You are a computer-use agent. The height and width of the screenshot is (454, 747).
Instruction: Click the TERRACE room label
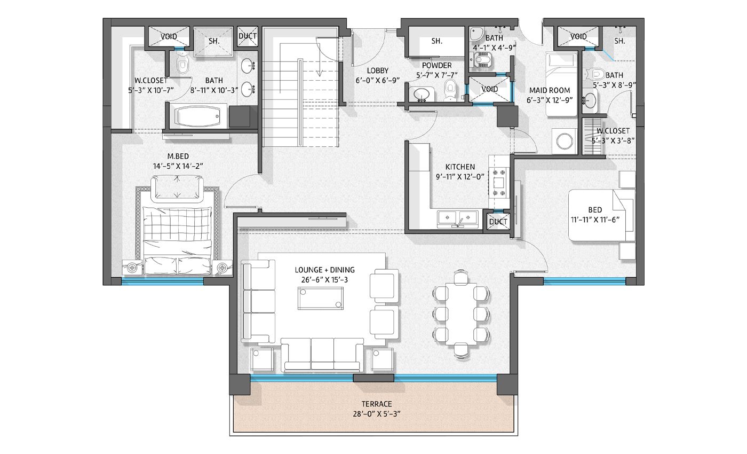click(x=377, y=404)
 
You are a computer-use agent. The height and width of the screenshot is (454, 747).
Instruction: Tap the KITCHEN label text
click(x=460, y=167)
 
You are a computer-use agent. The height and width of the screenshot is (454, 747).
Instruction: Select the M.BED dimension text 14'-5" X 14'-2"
click(x=178, y=166)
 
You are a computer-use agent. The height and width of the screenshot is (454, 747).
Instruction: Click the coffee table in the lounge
click(x=321, y=298)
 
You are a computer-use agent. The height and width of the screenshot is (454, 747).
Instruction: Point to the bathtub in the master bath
click(x=198, y=116)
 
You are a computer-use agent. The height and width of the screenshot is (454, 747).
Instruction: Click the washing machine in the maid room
click(x=565, y=141)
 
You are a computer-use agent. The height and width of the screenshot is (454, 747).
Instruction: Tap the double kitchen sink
click(x=458, y=218)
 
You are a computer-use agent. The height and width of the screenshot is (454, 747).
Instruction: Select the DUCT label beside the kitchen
click(x=498, y=222)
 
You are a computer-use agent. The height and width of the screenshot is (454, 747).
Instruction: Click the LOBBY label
click(x=378, y=71)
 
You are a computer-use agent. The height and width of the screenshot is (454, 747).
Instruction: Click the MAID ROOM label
click(x=550, y=90)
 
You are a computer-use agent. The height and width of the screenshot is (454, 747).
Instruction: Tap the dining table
click(x=460, y=314)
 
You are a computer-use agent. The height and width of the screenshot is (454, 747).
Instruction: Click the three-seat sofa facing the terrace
click(x=322, y=355)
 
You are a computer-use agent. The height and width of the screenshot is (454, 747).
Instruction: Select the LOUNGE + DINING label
click(x=324, y=270)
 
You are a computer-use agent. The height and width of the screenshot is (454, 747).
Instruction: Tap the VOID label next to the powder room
click(x=490, y=89)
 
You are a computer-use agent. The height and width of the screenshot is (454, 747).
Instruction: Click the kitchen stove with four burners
click(x=499, y=183)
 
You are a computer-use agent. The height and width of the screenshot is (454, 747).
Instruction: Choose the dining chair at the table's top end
click(x=460, y=277)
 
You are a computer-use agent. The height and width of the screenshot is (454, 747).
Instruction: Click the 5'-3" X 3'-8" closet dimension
click(x=613, y=141)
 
